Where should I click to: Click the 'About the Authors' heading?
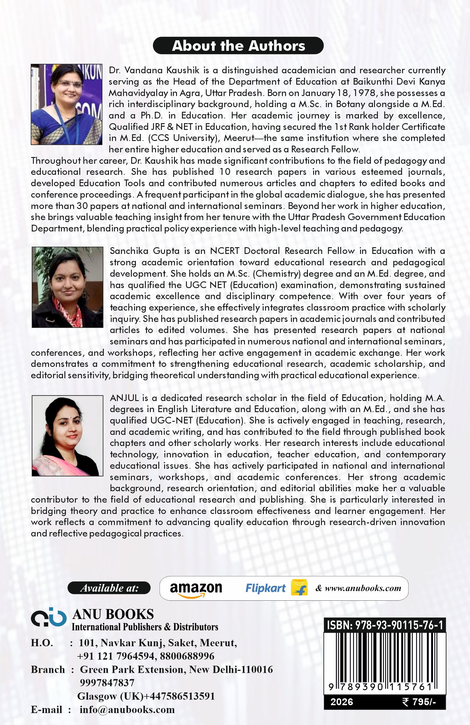[x=238, y=46]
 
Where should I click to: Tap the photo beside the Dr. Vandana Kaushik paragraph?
[x=66, y=104]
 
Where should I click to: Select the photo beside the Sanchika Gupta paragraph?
[x=67, y=287]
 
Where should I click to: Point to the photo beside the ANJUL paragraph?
[x=67, y=435]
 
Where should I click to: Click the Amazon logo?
[x=196, y=589]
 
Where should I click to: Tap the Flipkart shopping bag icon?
[x=299, y=588]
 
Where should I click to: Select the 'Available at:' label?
[x=109, y=588]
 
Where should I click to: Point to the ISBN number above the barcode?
[x=385, y=625]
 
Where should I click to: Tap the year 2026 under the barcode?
[x=342, y=702]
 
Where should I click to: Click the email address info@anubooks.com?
[x=127, y=710]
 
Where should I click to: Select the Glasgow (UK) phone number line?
[x=146, y=696]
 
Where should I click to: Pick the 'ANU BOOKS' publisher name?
[x=113, y=614]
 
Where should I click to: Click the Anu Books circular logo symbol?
[x=49, y=618]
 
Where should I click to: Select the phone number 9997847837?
[x=107, y=683]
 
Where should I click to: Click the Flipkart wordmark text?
[x=265, y=588]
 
